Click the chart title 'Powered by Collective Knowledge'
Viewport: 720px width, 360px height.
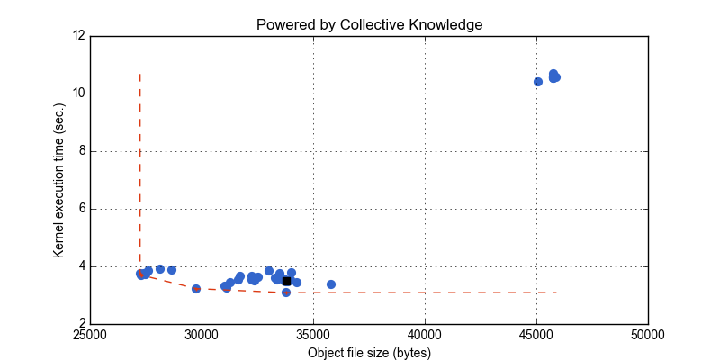[369, 24]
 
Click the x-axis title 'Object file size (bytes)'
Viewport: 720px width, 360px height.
[369, 353]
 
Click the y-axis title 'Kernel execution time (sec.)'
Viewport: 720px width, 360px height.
[58, 180]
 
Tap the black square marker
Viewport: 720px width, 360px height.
[286, 281]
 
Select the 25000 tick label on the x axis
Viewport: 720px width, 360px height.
[90, 337]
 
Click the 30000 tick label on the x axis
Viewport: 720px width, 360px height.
[202, 337]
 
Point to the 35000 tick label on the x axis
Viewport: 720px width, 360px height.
[313, 337]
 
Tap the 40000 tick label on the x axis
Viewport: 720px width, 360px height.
[425, 337]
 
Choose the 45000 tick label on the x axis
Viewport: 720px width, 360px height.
[536, 337]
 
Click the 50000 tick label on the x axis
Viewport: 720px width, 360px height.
[648, 337]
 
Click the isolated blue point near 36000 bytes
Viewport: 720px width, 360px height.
[331, 284]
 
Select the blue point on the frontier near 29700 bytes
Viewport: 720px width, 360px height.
[196, 289]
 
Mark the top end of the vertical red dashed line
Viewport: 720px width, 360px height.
[139, 74]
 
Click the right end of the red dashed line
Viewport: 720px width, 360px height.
[558, 292]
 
